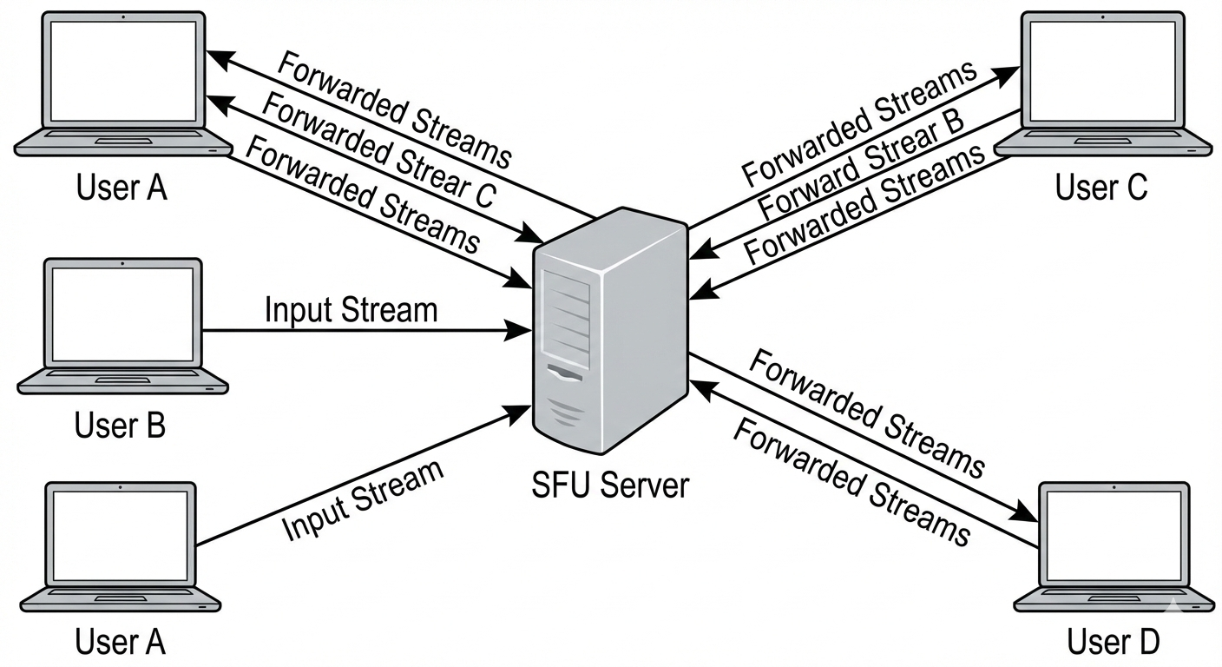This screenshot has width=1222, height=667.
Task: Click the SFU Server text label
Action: tap(609, 484)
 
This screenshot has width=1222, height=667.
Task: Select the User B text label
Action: tap(120, 426)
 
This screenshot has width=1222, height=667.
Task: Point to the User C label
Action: tap(1100, 187)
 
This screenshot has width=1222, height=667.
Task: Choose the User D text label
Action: tap(1113, 642)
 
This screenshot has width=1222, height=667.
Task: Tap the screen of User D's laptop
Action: tap(1114, 534)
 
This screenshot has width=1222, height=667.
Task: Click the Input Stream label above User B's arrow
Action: tap(351, 310)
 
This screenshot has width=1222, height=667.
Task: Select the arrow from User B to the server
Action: tap(365, 331)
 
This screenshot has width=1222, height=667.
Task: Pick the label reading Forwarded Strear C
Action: tap(378, 150)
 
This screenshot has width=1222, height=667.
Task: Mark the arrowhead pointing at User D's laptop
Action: tap(1029, 515)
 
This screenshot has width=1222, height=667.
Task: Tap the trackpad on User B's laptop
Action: tap(121, 380)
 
